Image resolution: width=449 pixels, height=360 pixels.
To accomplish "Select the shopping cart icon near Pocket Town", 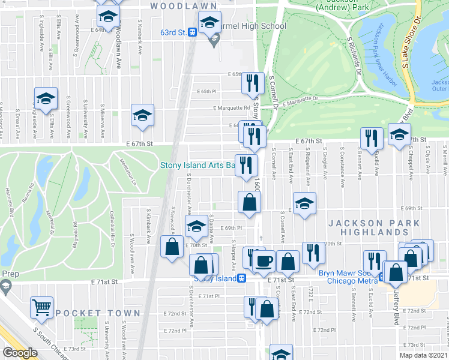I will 41,308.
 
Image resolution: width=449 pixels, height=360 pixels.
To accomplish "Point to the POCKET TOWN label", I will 98,313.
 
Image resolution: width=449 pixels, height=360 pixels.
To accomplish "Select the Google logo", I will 20,353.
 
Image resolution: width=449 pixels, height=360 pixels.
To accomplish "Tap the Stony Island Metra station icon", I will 241,278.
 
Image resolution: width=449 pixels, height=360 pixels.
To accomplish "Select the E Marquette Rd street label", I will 231,108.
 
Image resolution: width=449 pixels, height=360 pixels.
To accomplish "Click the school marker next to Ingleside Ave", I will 46,98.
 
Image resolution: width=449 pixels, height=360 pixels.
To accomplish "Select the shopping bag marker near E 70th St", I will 172,246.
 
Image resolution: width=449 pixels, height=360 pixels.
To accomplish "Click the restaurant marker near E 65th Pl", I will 253,82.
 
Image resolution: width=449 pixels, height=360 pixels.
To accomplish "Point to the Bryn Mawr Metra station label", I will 347,277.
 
